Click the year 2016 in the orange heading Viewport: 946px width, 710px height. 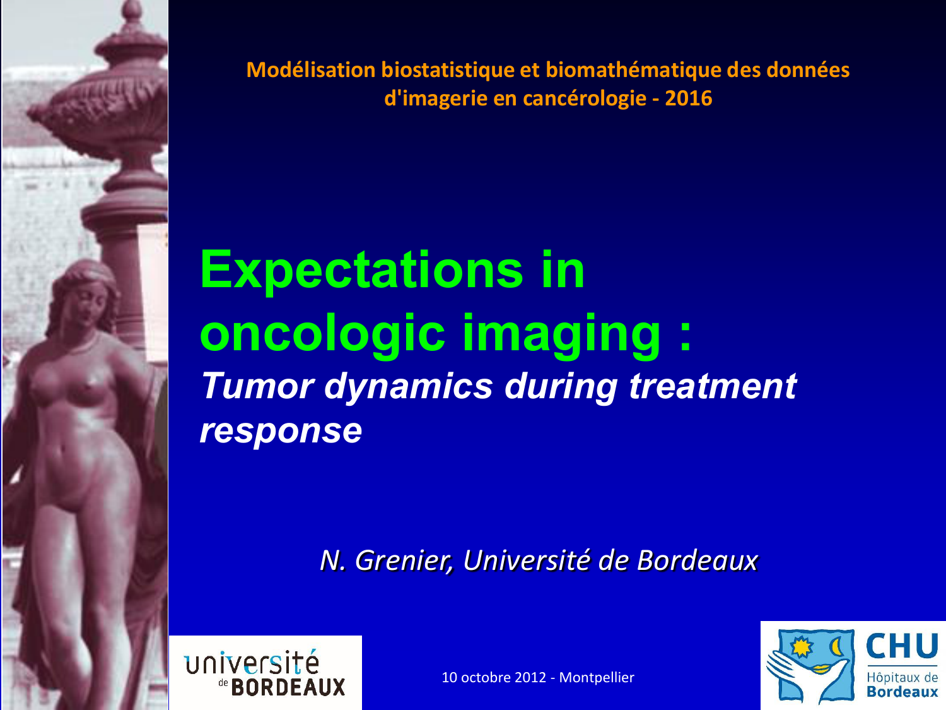click(688, 98)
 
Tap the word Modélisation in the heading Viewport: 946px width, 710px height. click(311, 70)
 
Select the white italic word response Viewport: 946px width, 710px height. click(281, 431)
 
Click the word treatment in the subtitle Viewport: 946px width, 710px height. click(713, 386)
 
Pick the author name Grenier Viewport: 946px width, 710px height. click(403, 560)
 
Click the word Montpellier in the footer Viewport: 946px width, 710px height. click(597, 677)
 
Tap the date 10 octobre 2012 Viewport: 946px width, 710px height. click(494, 677)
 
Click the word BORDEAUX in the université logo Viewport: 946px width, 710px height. click(288, 687)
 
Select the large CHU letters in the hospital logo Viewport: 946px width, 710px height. click(902, 646)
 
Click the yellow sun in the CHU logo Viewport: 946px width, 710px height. click(802, 647)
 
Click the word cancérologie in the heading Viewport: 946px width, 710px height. click(585, 98)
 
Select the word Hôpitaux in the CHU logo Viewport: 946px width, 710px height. click(889, 678)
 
